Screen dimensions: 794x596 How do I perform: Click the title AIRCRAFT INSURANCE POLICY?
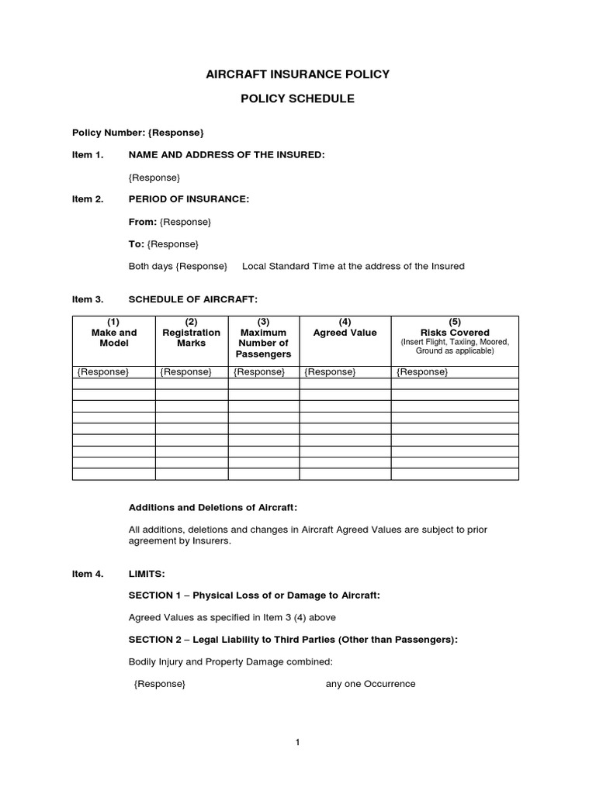point(297,74)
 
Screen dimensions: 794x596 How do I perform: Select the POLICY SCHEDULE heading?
point(297,99)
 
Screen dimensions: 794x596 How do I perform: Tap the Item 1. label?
point(87,155)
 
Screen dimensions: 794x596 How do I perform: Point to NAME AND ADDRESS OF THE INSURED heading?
point(227,155)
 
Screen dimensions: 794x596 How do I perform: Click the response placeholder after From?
point(185,222)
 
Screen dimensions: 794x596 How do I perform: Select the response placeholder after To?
point(173,244)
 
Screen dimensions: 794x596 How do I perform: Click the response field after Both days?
point(202,266)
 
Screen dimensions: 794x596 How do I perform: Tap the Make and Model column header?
point(113,333)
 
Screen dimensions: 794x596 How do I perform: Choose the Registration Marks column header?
point(191,333)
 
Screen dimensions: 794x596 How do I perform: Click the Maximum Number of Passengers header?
point(263,338)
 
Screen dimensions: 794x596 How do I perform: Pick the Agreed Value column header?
point(345,333)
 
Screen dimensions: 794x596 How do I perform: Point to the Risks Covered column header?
point(455,333)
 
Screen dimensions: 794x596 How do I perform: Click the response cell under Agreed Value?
point(330,372)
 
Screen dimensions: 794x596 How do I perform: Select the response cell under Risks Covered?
point(422,372)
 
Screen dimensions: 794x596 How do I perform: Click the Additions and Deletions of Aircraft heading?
point(213,507)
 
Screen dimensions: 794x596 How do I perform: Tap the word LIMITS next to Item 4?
point(147,574)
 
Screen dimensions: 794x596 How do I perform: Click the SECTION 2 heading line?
point(293,640)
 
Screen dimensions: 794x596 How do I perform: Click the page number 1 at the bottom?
point(297,742)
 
